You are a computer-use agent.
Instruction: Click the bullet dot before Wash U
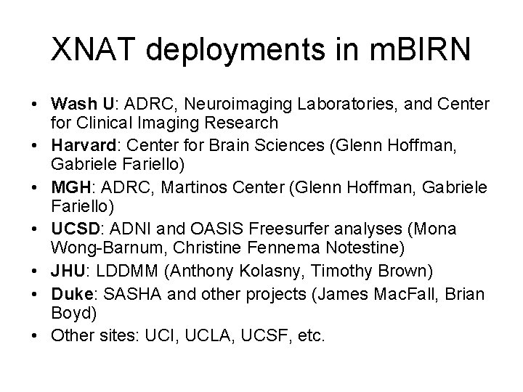tap(33, 100)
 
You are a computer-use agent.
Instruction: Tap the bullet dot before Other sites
tap(33, 336)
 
